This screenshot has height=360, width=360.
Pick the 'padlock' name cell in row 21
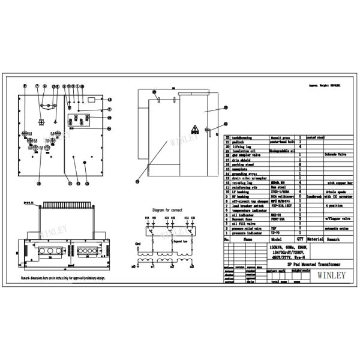coord(239,141)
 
